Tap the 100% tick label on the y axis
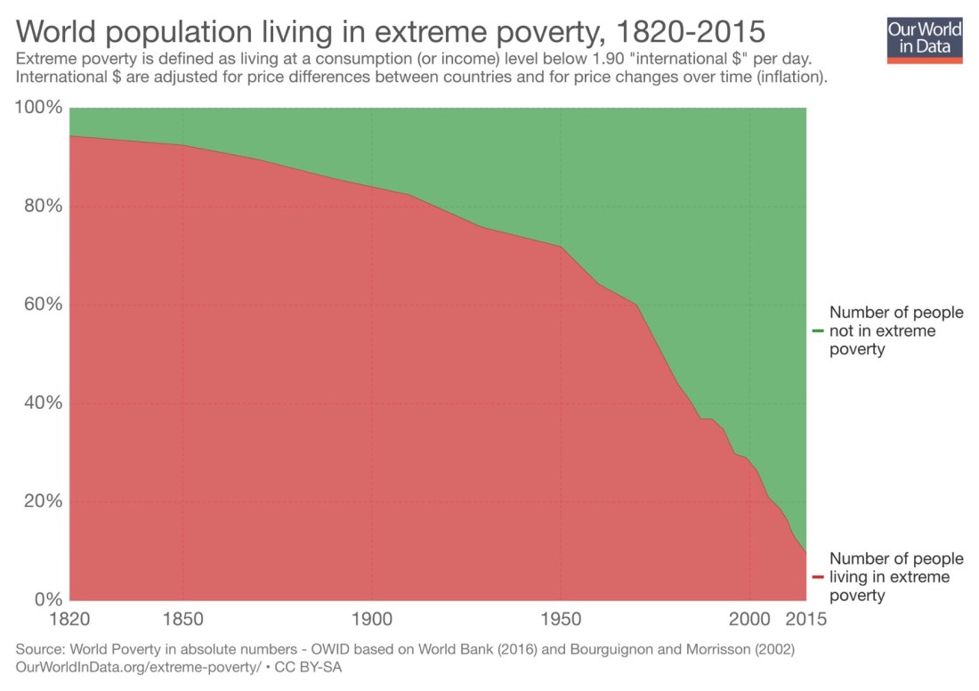point(40,109)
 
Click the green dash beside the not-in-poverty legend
point(817,331)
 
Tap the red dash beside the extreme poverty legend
point(817,577)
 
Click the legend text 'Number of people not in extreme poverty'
point(895,331)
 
